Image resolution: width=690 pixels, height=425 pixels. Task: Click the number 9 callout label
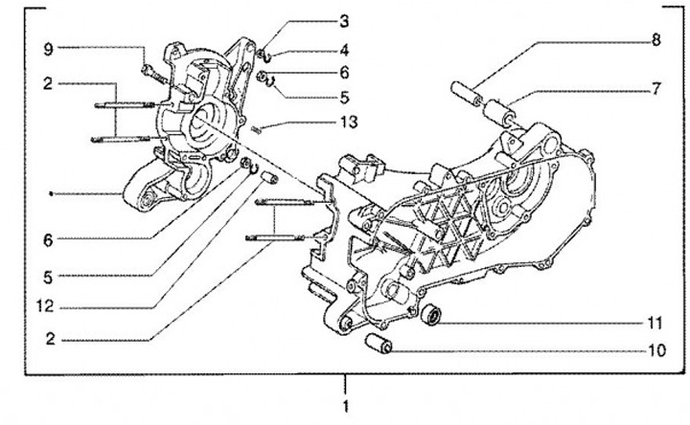pyautogui.click(x=46, y=48)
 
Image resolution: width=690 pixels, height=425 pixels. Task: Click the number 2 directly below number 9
pyautogui.click(x=46, y=85)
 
